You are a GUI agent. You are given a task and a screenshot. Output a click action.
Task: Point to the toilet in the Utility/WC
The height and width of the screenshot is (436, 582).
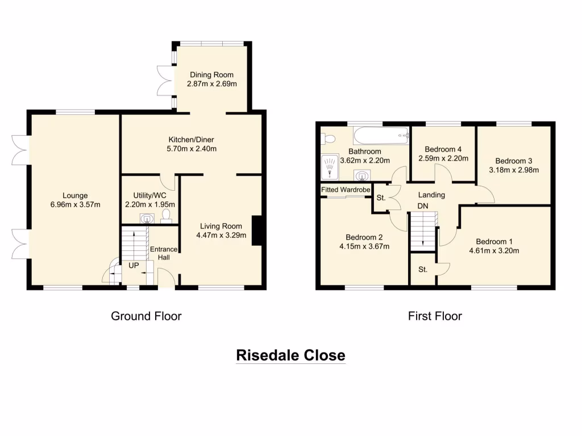click(x=167, y=215)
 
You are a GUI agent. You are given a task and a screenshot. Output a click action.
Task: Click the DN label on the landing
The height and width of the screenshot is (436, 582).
click(x=423, y=206)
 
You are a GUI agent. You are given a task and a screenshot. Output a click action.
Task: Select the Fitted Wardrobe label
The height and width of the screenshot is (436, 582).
click(x=346, y=190)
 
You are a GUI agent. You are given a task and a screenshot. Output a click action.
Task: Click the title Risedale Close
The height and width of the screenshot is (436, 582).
click(x=290, y=355)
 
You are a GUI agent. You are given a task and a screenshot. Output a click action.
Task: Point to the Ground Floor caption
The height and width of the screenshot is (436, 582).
click(x=146, y=316)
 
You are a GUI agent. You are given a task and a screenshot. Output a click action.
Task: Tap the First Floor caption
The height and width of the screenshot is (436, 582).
click(x=435, y=316)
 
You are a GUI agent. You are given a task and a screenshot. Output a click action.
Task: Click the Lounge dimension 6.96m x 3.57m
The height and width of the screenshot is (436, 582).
click(x=75, y=204)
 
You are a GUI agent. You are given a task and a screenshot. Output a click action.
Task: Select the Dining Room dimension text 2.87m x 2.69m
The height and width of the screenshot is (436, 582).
click(x=211, y=83)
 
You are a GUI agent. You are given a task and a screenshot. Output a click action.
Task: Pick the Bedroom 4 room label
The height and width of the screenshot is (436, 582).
click(x=443, y=149)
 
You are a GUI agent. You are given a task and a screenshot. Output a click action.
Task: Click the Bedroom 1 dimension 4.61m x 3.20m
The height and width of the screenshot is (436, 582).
click(x=494, y=250)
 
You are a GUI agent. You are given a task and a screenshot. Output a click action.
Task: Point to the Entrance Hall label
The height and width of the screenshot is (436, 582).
click(x=164, y=253)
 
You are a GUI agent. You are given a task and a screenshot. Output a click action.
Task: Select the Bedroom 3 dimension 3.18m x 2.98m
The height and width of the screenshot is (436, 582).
click(x=513, y=170)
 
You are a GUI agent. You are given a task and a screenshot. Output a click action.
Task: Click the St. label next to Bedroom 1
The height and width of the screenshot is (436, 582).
click(x=423, y=270)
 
